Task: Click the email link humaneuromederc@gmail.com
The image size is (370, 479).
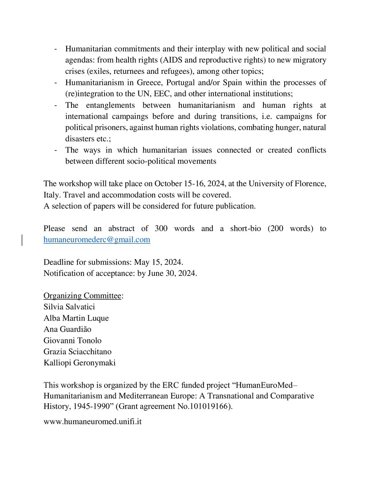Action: pyautogui.click(x=97, y=240)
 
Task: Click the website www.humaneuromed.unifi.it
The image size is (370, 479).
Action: pyautogui.click(x=93, y=421)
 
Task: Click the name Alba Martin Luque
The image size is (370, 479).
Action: pyautogui.click(x=76, y=318)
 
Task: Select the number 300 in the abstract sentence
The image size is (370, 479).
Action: pyautogui.click(x=158, y=229)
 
